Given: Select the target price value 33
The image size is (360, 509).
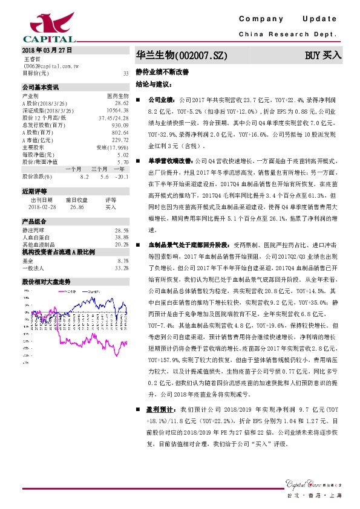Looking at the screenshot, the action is [125, 73].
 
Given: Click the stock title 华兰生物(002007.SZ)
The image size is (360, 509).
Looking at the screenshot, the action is [182, 56].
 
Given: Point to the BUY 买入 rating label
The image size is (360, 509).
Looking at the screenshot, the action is [323, 56].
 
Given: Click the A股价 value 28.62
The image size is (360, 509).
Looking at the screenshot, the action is [122, 103].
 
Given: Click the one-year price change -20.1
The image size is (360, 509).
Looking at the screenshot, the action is [123, 176].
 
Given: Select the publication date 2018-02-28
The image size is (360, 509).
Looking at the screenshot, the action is [42, 206].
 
